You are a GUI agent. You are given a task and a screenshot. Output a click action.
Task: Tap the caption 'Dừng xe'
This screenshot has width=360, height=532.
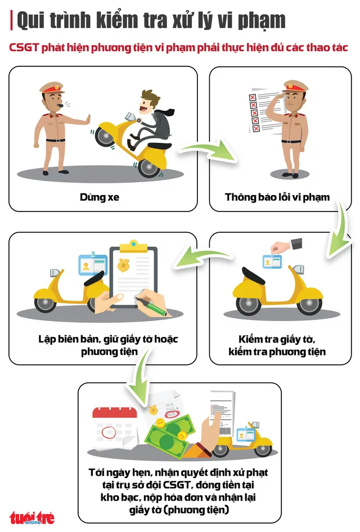[x=100, y=197]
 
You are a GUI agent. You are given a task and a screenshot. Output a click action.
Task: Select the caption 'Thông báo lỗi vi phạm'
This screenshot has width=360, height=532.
[x=277, y=197]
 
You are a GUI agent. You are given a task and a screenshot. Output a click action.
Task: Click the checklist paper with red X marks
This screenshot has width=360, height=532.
[x=264, y=111]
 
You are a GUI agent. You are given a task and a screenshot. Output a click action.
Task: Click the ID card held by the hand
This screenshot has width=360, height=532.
[x=272, y=262]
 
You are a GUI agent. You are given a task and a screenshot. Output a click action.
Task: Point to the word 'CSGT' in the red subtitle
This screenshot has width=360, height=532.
[x=24, y=47]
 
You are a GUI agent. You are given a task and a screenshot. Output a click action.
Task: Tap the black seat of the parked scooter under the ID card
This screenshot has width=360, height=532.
[x=253, y=275]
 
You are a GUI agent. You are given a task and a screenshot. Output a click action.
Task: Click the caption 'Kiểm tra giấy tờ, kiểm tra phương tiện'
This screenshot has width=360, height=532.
[x=277, y=345]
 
